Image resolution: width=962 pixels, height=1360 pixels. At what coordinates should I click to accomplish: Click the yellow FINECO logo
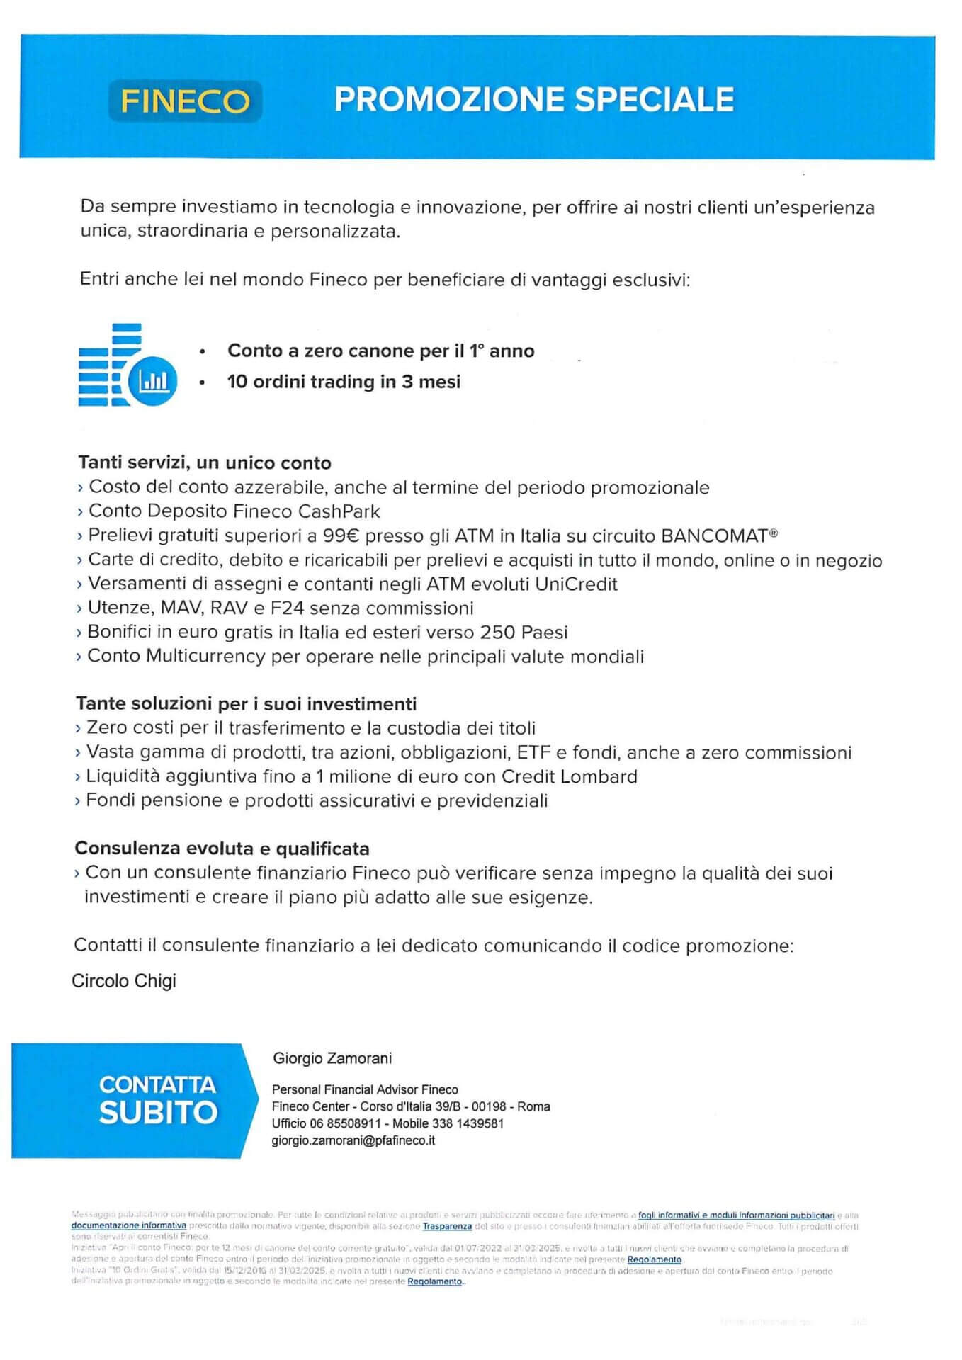pos(185,101)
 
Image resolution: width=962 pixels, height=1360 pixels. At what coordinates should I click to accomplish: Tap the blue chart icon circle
pos(153,381)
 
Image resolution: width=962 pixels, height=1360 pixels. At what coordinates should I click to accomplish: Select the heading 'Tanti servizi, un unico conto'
pos(205,463)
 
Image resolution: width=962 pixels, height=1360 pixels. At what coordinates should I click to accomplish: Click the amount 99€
pos(341,535)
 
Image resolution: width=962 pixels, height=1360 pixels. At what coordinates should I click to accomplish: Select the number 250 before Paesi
pos(498,632)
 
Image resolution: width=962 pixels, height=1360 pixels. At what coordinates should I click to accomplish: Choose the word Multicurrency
pos(205,656)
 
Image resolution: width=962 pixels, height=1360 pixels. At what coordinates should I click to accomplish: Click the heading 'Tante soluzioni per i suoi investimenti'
pos(246,703)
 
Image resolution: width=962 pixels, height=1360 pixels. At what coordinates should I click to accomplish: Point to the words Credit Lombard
pos(569,776)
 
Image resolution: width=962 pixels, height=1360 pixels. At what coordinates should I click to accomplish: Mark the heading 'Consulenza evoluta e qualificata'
pos(222,848)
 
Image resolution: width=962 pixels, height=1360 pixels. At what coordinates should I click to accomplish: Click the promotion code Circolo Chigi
pos(124,981)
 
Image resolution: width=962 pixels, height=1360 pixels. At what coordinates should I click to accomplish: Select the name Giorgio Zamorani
pos(332,1058)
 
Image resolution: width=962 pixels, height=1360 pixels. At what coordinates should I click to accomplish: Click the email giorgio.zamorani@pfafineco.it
pos(353,1140)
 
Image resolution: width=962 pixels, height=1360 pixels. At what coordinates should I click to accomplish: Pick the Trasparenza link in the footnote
pos(447,1225)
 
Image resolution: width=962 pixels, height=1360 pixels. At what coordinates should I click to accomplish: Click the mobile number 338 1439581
pos(468,1123)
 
